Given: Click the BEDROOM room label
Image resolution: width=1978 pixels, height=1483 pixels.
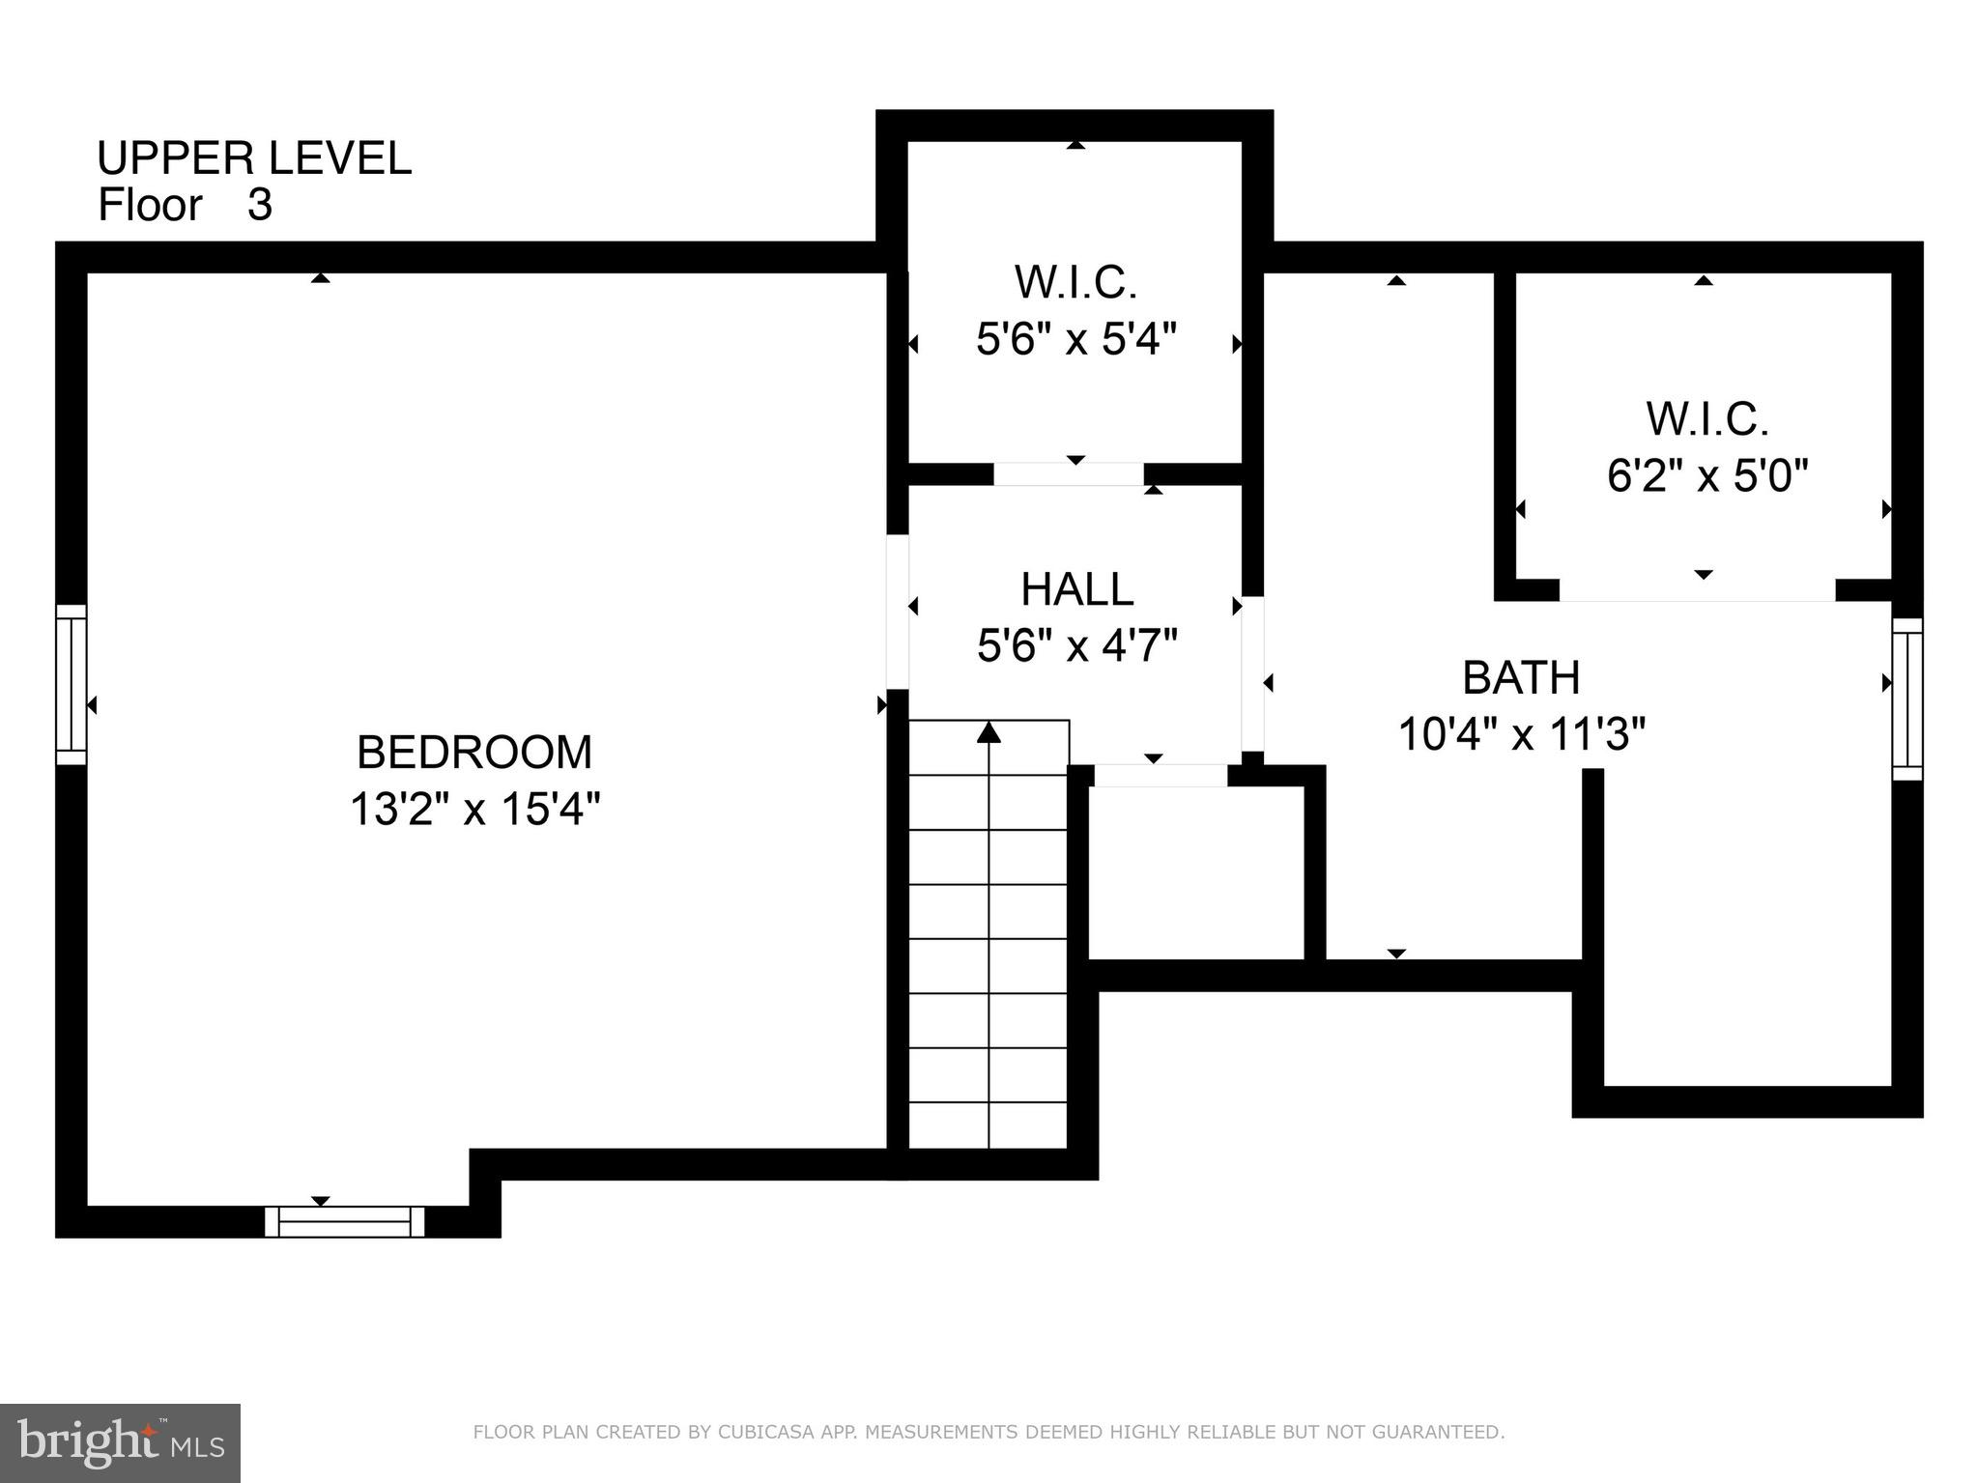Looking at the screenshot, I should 473,753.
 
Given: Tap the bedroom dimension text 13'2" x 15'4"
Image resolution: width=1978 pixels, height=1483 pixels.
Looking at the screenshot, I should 474,810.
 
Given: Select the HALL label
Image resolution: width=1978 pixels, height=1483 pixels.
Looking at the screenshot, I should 1076,589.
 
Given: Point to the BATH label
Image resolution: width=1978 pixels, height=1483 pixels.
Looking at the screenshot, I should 1520,677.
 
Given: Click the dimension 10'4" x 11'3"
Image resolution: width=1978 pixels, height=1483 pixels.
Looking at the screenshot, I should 1521,734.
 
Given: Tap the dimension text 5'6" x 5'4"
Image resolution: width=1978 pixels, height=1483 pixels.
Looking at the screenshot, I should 1075,339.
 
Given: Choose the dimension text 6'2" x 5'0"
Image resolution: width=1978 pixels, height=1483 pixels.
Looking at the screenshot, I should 1706,476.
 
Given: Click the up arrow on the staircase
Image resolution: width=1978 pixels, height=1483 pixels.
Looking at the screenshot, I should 988,733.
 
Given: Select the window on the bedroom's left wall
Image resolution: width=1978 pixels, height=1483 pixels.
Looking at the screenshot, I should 71,684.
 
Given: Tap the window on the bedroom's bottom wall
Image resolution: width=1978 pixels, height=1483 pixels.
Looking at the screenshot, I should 345,1221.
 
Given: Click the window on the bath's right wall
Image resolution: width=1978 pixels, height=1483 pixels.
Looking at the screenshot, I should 1906,699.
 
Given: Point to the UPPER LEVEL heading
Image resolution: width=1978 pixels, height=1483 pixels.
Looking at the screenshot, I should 254,158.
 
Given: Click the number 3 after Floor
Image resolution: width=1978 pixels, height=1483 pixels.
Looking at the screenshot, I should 260,206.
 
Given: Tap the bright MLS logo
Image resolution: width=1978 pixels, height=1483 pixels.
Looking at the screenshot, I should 120,1443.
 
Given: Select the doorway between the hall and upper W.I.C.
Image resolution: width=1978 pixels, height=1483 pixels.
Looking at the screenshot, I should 1068,474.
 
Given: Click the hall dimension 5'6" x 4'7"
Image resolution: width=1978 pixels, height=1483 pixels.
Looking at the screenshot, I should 1076,646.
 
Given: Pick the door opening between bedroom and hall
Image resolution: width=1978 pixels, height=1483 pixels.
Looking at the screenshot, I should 898,612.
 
